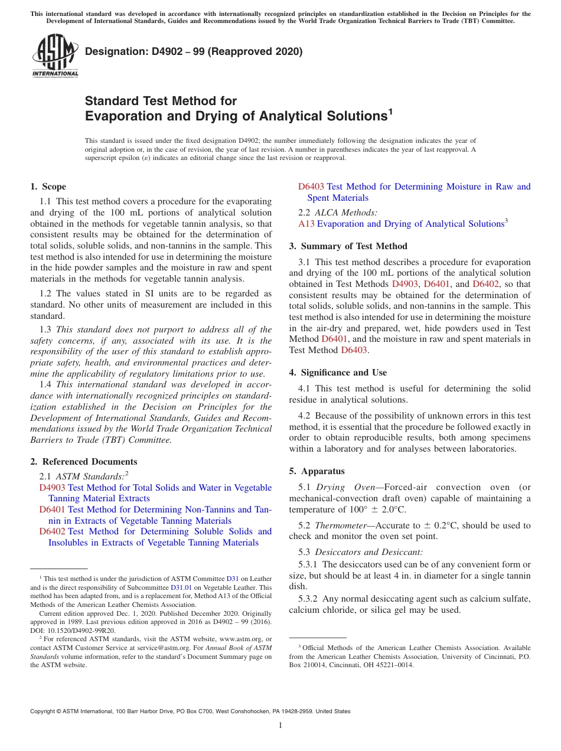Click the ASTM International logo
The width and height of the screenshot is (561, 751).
click(x=55, y=55)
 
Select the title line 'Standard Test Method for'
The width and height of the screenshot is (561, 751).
click(x=161, y=101)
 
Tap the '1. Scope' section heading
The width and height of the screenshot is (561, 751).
click(x=48, y=187)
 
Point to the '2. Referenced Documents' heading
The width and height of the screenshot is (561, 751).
click(x=83, y=462)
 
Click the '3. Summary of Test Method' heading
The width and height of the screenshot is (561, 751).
click(x=348, y=246)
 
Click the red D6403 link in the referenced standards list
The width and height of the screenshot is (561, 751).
click(x=311, y=187)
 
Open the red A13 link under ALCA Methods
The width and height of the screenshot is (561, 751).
click(x=306, y=224)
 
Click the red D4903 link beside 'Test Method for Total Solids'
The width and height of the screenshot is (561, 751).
click(x=52, y=488)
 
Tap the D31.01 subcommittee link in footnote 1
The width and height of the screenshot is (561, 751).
click(x=181, y=587)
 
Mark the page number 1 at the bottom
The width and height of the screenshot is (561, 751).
click(x=280, y=726)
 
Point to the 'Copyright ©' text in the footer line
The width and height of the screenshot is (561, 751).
click(x=46, y=711)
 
